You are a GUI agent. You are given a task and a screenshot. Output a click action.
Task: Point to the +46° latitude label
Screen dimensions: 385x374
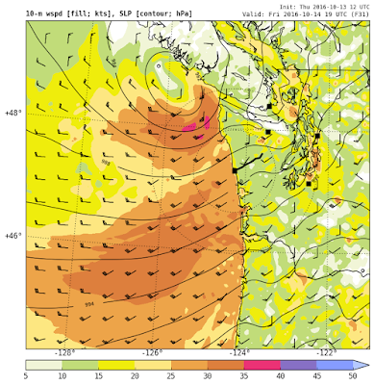tap(12, 235)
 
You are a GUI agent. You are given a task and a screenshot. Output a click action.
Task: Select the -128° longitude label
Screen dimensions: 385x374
tap(66, 352)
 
